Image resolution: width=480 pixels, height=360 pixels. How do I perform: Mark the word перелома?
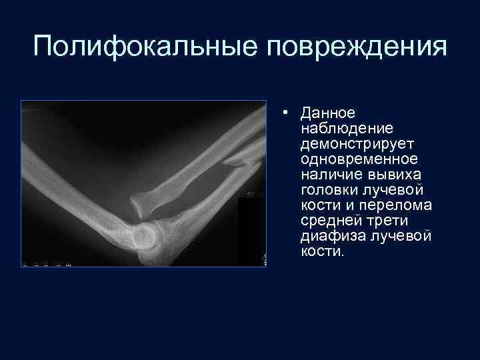pyautogui.click(x=399, y=206)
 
